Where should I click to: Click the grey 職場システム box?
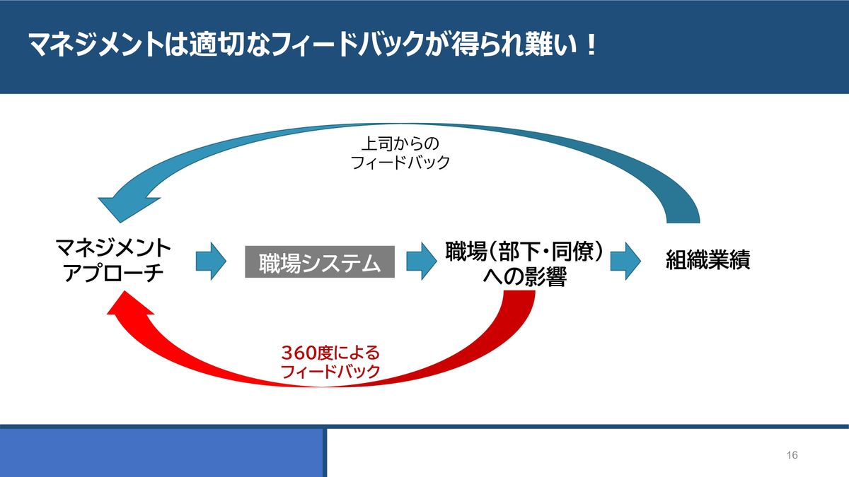pos(320,261)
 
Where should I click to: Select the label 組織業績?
pos(707,260)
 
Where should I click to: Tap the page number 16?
pos(792,455)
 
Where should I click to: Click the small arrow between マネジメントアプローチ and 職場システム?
pos(211,261)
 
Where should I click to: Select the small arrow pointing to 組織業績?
pos(625,261)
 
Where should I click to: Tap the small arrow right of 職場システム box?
pos(422,261)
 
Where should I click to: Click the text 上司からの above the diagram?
pos(400,144)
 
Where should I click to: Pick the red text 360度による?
pos(330,353)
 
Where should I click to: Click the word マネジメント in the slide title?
pos(96,45)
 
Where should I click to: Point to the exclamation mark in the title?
pos(591,45)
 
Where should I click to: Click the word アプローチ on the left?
pos(113,273)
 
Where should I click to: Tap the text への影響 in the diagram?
pos(525,276)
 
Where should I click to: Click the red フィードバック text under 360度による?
pos(330,372)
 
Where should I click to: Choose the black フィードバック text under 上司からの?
pos(400,163)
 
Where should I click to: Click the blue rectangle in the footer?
pos(162,453)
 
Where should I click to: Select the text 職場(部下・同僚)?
pos(524,251)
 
